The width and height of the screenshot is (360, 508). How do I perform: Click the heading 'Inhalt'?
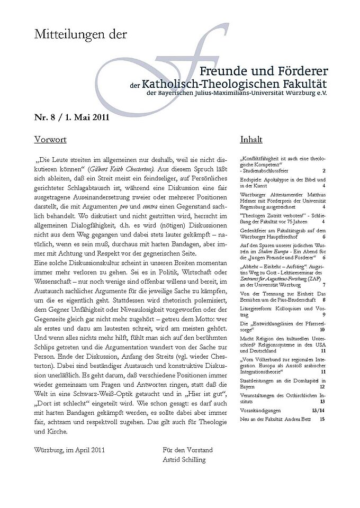251,140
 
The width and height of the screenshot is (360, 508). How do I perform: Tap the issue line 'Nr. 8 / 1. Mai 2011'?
71,117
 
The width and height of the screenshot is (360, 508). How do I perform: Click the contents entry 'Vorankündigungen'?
263,410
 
